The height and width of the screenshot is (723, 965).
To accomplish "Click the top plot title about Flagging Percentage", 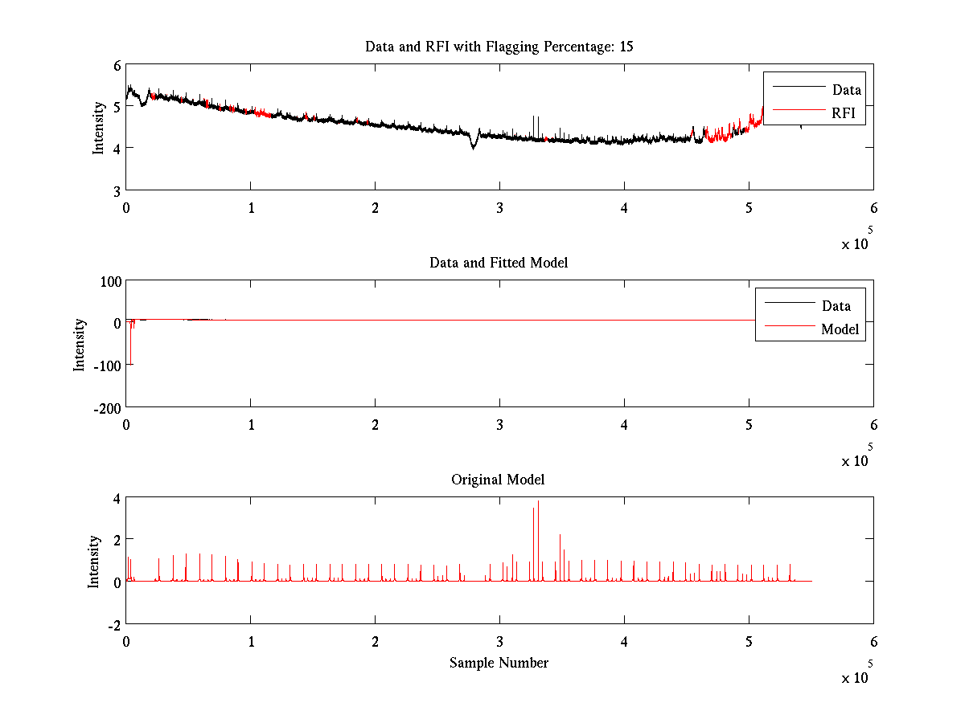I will coord(499,47).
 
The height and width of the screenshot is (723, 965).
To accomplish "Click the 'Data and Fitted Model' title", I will coord(499,263).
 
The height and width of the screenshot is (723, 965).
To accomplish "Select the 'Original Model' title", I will coord(498,480).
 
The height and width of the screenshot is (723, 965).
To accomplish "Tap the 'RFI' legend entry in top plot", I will coord(848,114).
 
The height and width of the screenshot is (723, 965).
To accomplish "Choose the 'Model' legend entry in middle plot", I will coord(840,329).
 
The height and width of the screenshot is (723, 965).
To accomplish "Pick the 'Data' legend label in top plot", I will coord(846,90).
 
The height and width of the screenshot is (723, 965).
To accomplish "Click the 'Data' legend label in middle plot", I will coord(836,305).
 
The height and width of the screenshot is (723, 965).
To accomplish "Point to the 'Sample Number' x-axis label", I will coord(499,663).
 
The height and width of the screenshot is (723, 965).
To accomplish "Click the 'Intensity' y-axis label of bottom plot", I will coord(95,561).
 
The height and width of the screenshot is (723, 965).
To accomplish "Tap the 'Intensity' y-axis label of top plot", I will coord(98,127).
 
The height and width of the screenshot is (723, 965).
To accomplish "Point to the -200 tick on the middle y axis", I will coord(106,407).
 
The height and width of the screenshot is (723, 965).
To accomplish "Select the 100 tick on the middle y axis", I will coord(110,281).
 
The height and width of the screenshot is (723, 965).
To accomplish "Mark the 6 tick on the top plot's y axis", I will coord(117,65).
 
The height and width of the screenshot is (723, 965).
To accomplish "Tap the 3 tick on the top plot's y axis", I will coord(117,190).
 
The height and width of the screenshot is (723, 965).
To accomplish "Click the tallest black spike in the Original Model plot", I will coord(538,503).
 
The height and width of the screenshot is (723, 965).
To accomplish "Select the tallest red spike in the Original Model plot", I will coord(560,536).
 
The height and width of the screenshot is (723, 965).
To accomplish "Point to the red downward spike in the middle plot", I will coord(130,345).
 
